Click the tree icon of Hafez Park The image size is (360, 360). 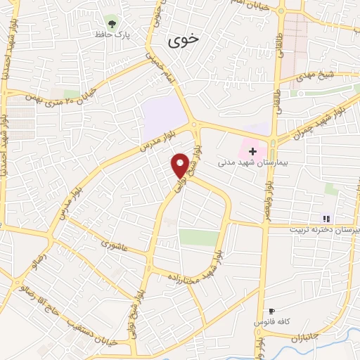(x=110, y=21)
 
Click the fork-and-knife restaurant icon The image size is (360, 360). (x=326, y=218)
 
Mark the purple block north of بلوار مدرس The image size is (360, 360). (x=164, y=117)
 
